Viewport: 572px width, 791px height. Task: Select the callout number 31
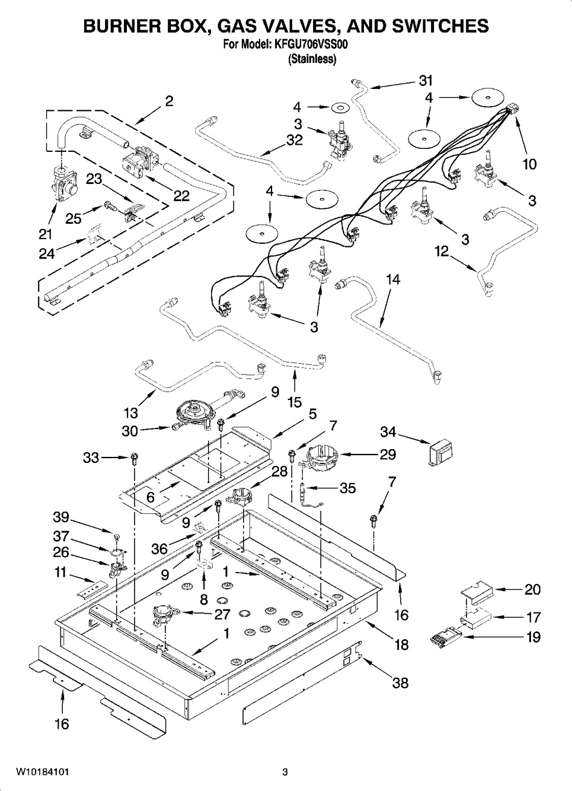pyautogui.click(x=426, y=80)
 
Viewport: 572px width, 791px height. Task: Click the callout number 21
pyautogui.click(x=46, y=233)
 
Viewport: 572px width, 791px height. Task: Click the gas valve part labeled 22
pyautogui.click(x=140, y=160)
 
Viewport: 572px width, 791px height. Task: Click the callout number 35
pyautogui.click(x=347, y=488)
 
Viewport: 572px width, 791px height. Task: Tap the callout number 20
pyautogui.click(x=532, y=589)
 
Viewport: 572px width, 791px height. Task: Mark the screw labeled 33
pyautogui.click(x=135, y=458)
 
